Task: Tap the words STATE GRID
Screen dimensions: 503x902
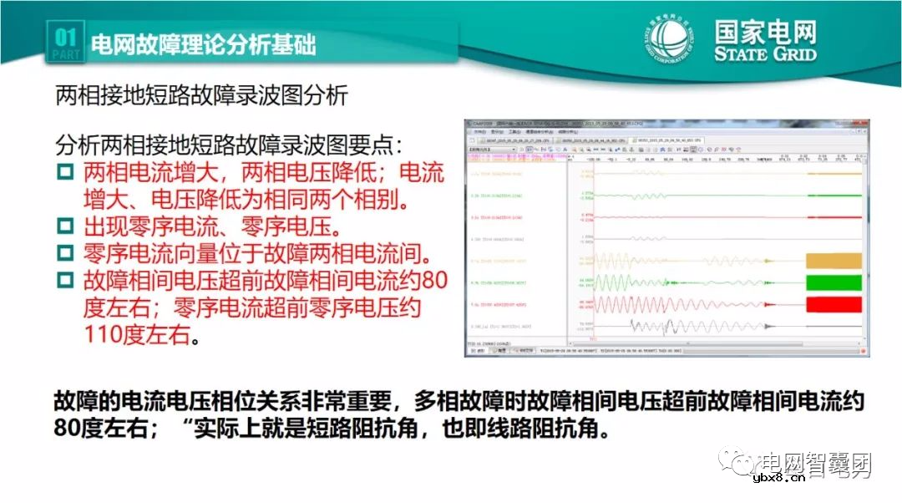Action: [764, 54]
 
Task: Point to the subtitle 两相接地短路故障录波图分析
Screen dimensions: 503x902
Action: [200, 95]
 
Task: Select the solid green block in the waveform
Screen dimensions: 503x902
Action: [832, 282]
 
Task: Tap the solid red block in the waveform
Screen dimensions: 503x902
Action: [832, 303]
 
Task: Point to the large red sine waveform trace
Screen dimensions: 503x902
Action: [668, 303]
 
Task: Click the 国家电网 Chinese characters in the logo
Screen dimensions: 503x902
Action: [765, 32]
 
